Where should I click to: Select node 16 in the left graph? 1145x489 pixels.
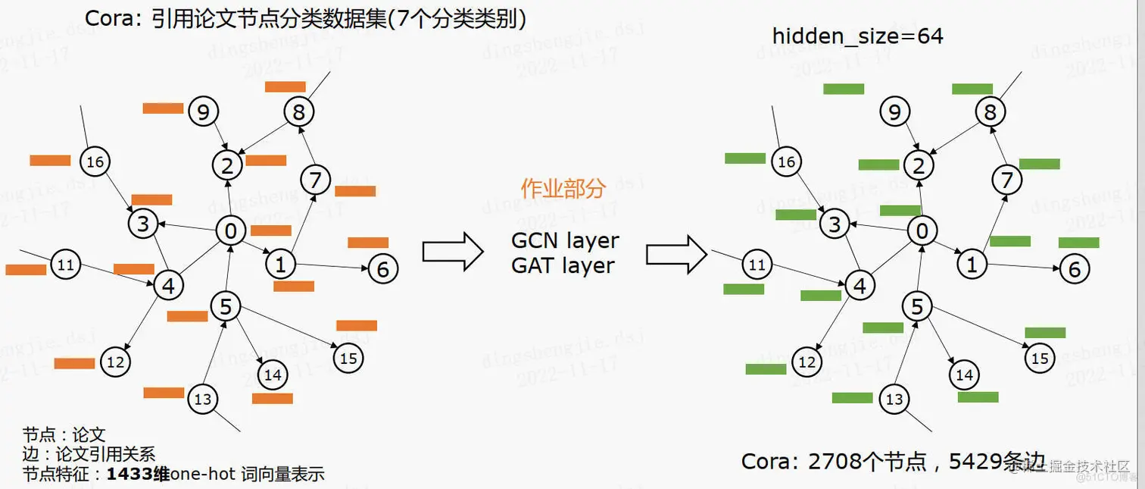click(x=95, y=161)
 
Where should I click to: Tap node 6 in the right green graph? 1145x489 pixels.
click(x=1074, y=269)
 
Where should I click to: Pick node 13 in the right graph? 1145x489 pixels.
click(x=894, y=399)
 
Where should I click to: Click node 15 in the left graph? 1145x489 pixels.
click(x=348, y=358)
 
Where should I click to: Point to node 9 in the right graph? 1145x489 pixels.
click(x=894, y=113)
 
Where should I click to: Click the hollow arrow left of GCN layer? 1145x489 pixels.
click(x=452, y=252)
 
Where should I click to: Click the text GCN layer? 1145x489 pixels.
click(x=565, y=241)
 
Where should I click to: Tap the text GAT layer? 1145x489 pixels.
click(x=563, y=266)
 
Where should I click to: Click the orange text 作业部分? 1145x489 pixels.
click(x=563, y=189)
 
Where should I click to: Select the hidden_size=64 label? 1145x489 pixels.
click(x=857, y=36)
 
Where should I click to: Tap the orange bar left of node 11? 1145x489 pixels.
click(x=26, y=270)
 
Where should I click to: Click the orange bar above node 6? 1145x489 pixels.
click(x=368, y=243)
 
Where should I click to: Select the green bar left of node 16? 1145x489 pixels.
click(x=745, y=158)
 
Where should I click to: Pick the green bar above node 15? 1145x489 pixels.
click(x=1045, y=333)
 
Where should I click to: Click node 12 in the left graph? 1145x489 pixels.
click(x=115, y=362)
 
